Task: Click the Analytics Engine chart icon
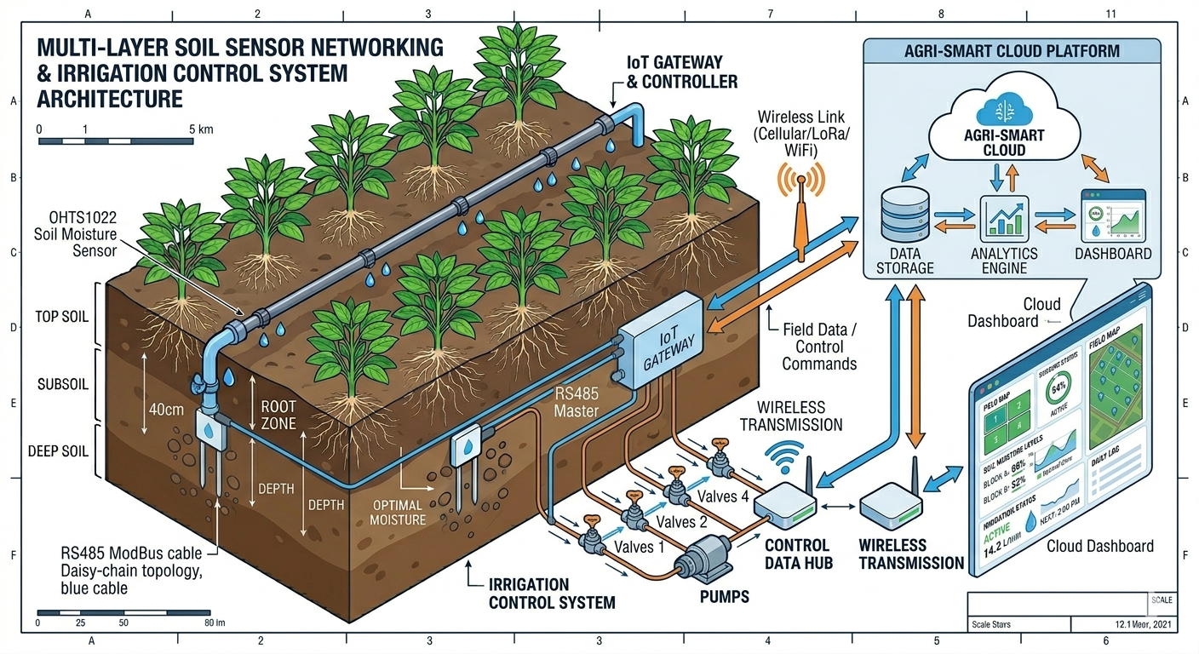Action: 1006,217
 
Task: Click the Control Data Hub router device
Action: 784,506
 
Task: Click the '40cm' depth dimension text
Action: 166,409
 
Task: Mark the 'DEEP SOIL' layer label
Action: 59,451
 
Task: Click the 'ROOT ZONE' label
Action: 278,415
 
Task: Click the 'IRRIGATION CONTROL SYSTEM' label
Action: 553,594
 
